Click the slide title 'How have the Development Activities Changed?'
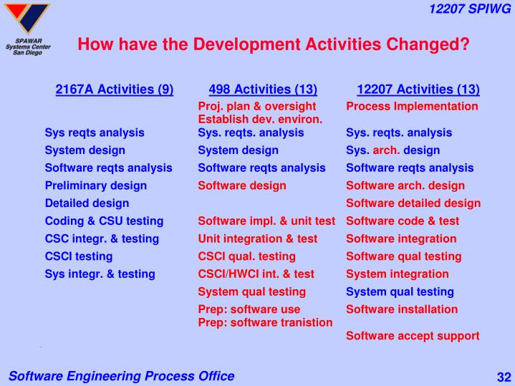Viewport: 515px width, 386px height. point(273,44)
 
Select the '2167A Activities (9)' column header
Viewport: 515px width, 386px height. point(115,90)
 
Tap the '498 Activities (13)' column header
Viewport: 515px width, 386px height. point(263,90)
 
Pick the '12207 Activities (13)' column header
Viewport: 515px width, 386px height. point(418,90)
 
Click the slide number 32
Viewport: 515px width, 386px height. point(501,377)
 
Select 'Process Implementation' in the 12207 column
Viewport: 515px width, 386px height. point(412,106)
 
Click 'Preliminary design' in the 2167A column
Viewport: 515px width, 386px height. point(95,185)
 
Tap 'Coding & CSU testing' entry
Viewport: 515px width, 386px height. point(104,221)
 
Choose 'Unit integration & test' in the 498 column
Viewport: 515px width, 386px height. point(257,238)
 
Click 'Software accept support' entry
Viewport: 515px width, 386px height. point(413,335)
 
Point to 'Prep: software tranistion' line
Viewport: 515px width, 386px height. point(265,322)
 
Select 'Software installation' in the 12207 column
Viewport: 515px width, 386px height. point(402,309)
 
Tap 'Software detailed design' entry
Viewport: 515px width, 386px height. point(413,203)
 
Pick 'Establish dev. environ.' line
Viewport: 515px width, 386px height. point(260,119)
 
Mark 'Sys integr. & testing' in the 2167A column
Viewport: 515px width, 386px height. point(99,274)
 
